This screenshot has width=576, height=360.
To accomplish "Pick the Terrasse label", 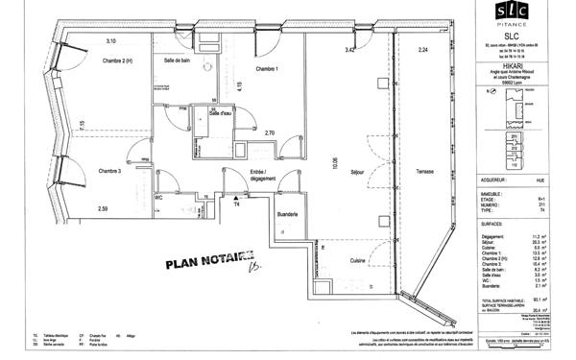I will pos(425,172).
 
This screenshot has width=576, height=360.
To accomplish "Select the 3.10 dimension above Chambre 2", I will pos(111,41).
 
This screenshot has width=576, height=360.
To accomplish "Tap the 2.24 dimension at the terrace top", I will pos(422,49).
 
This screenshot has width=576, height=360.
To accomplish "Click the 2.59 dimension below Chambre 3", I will pos(103,208).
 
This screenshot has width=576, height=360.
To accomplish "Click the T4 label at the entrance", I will pos(235,204).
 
